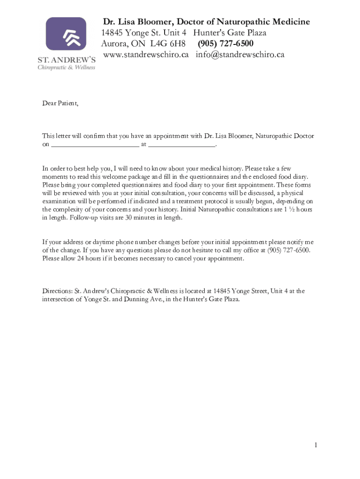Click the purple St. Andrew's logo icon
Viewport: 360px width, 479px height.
pos(66,34)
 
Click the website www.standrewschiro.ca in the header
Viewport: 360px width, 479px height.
pos(145,55)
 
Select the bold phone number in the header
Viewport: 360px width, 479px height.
pos(225,44)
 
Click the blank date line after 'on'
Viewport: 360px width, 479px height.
pos(95,145)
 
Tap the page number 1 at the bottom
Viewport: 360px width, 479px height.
pos(316,445)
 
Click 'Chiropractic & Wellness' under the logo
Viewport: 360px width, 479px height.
pos(66,67)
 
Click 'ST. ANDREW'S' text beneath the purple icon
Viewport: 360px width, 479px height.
pos(66,59)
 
